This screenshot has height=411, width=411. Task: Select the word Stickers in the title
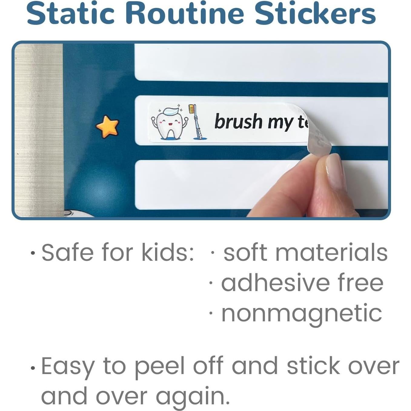[316, 14]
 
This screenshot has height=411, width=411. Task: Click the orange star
[107, 126]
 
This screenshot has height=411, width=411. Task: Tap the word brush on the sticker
[238, 121]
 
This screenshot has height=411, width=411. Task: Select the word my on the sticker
[281, 124]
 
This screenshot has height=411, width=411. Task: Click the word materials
[331, 253]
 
